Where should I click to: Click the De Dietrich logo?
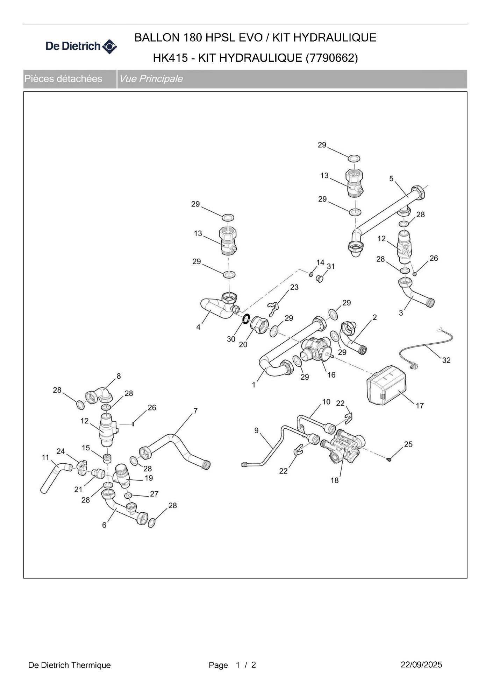[81, 46]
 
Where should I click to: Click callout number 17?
[420, 406]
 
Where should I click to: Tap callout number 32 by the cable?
[446, 360]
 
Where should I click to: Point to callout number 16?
[331, 375]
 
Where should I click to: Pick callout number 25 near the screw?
[408, 444]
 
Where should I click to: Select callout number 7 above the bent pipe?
[195, 410]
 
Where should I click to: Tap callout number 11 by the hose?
[45, 457]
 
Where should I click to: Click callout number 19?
[149, 478]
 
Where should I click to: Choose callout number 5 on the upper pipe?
[391, 178]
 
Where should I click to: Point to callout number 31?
[330, 266]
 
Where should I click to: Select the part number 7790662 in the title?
[332, 58]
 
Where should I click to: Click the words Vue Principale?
[151, 79]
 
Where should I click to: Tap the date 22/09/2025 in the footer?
[421, 665]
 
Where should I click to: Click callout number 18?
[335, 480]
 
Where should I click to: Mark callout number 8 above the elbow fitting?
[119, 376]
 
